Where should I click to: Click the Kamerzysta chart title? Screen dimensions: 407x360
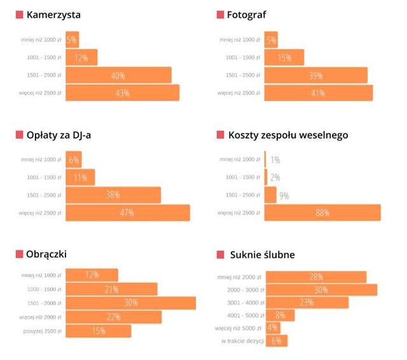[53, 15]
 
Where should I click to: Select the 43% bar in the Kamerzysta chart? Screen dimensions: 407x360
[123, 93]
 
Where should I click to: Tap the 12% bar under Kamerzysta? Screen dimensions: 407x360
[81, 57]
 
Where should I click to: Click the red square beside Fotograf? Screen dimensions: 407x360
[221, 15]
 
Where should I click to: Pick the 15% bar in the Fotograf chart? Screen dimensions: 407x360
[284, 57]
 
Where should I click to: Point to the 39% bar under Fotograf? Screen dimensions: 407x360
[316, 75]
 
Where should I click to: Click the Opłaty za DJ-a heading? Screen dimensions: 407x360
[59, 135]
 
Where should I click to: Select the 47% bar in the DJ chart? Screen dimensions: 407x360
[128, 213]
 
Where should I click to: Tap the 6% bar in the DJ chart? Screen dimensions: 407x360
[74, 160]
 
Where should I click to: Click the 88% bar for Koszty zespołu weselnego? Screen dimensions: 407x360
[322, 212]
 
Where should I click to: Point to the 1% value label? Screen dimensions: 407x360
[275, 160]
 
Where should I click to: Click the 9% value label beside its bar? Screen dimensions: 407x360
[284, 196]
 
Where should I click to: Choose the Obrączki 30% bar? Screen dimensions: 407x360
[131, 303]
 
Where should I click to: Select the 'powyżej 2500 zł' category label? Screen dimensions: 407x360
[43, 331]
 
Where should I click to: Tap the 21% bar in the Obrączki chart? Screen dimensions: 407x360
[112, 289]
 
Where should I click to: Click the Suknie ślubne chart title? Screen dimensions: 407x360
[263, 255]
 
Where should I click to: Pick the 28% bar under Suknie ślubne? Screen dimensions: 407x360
[316, 277]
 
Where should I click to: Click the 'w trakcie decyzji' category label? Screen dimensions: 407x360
[243, 341]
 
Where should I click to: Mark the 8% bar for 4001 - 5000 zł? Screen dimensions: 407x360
[280, 315]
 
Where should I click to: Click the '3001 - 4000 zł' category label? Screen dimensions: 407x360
[245, 303]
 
